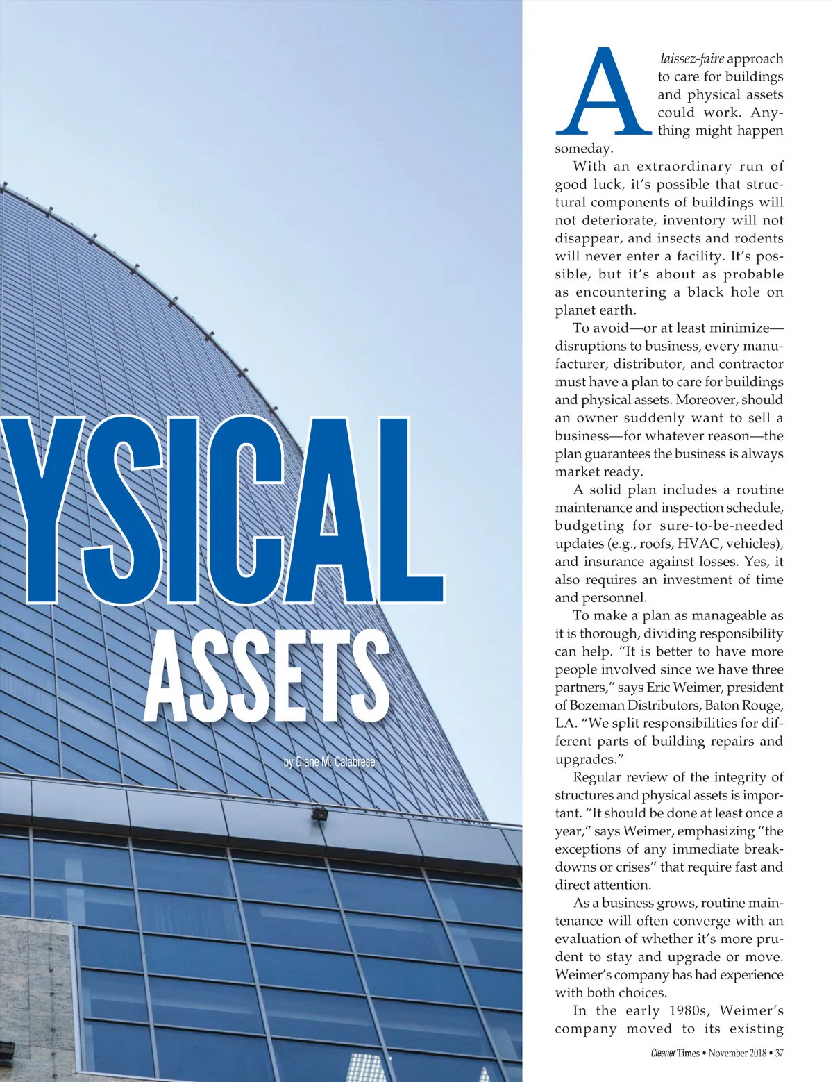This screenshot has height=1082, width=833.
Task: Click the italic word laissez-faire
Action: [691, 58]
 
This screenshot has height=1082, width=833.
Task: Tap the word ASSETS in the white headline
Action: [267, 677]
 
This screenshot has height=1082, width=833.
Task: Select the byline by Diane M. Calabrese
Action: [329, 762]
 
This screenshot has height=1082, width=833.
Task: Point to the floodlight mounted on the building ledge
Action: [319, 814]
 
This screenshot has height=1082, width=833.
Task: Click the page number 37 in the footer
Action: [779, 1053]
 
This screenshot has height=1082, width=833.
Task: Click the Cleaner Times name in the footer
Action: [675, 1053]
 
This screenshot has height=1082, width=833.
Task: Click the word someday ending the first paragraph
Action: [583, 149]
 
